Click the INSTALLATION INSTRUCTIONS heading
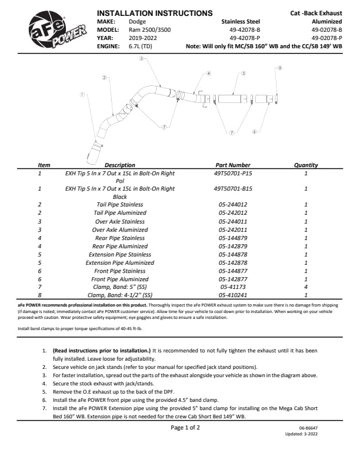tap(154, 13)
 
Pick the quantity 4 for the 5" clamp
tap(306, 287)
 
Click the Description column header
tap(119, 165)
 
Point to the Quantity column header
tap(306, 165)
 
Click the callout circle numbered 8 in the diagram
tap(280, 68)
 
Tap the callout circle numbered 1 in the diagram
tap(82, 94)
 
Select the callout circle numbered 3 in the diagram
tap(141, 59)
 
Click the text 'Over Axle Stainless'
tap(119, 221)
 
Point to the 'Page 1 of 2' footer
tap(185, 428)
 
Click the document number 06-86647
tap(309, 428)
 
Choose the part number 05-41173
tap(231, 287)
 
